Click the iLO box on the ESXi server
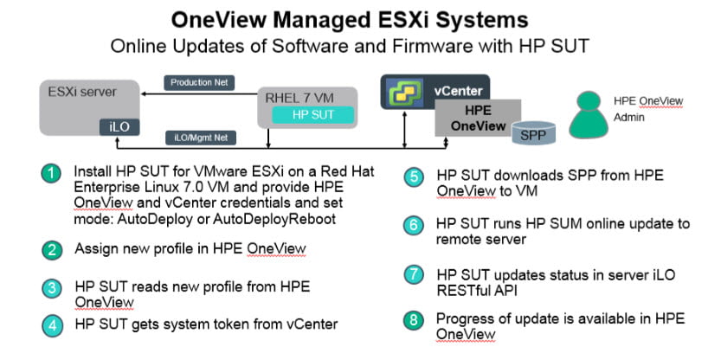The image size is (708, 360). coord(119,127)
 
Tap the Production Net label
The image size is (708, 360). coord(199,83)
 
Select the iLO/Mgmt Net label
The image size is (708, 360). coord(201,138)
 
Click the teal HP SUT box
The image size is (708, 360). coord(312,115)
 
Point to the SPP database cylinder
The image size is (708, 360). coord(533,132)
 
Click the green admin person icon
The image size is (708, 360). coord(588,115)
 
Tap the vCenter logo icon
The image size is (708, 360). coord(402,92)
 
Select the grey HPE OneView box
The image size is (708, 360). coord(478,118)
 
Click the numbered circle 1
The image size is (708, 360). coord(51,173)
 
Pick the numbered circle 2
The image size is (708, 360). coord(52,250)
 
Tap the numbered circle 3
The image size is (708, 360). coord(53,288)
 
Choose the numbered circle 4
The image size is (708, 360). coord(53,325)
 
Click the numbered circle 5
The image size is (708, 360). coord(414,177)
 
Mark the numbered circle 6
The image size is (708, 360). coord(414,225)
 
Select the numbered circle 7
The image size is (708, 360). coord(414,275)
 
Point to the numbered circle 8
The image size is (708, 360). coord(414,320)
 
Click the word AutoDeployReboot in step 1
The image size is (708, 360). coord(274,220)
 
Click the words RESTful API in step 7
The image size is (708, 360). coord(477,291)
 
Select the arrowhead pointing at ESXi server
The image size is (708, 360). coord(144,94)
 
